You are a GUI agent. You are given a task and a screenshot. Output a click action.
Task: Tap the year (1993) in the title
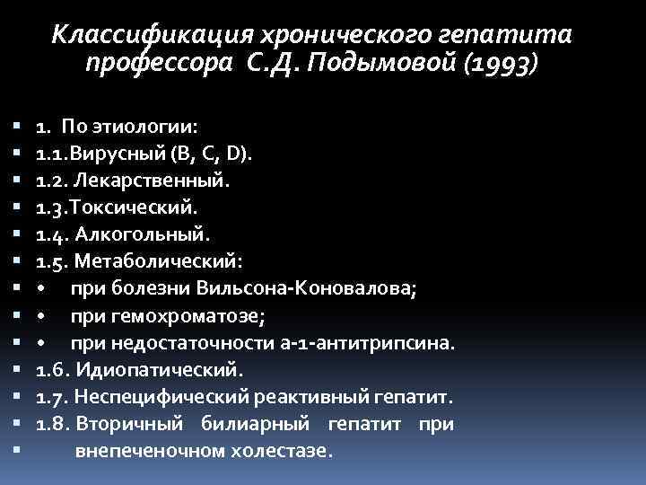tap(497, 64)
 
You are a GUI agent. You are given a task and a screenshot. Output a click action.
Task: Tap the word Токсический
tap(134, 208)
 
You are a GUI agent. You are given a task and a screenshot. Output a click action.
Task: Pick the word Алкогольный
tap(144, 236)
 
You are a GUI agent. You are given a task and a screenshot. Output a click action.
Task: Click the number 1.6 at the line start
tap(51, 369)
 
